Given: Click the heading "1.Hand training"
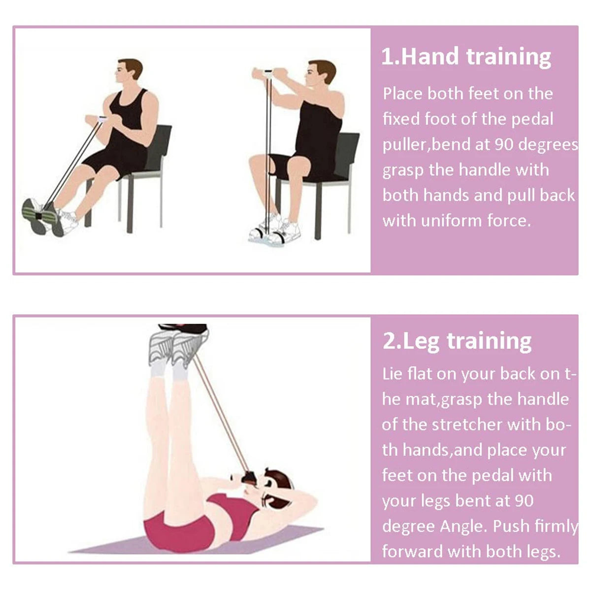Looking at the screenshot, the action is (466, 57).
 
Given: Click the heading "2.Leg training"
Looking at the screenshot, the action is (457, 341).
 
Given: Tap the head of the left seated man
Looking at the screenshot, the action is (130, 69).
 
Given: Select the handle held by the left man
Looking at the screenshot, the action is (102, 119).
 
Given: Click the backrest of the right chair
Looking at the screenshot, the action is (346, 155).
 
